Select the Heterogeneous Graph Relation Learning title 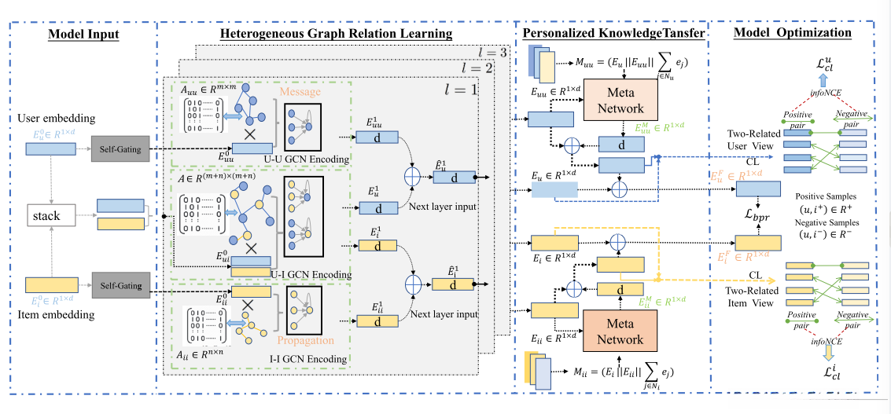pos(336,34)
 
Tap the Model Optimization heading pos(792,33)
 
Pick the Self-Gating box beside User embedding pos(120,148)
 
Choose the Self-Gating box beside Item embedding pos(120,285)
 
